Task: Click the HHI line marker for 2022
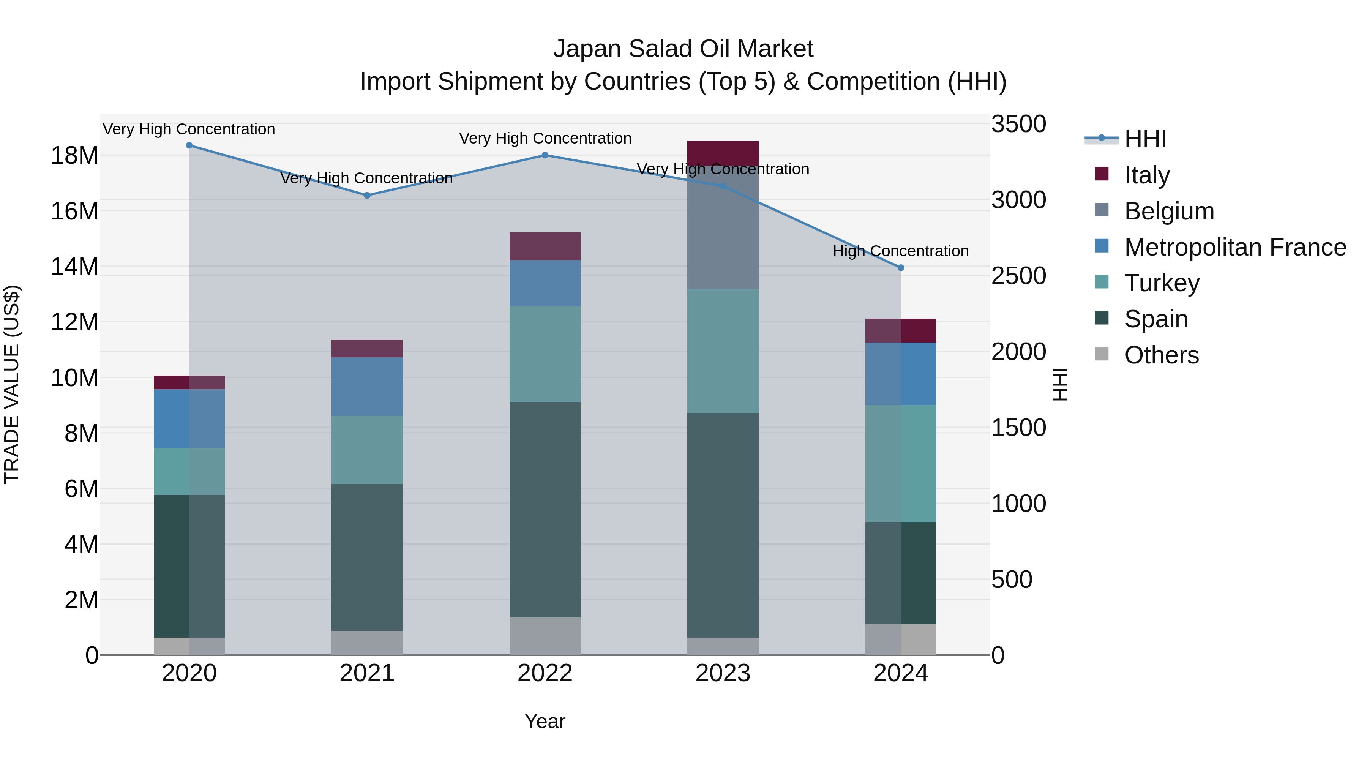[x=545, y=155]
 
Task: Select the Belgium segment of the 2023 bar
[x=723, y=228]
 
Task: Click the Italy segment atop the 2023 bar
[x=723, y=153]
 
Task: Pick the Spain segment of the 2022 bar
[x=545, y=510]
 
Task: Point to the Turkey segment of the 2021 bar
[x=367, y=450]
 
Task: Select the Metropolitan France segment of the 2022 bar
[x=545, y=283]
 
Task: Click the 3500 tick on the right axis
[x=1018, y=124]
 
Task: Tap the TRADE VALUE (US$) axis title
[x=12, y=384]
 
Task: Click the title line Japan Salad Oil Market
[x=683, y=49]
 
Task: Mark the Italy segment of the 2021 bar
[x=367, y=349]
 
